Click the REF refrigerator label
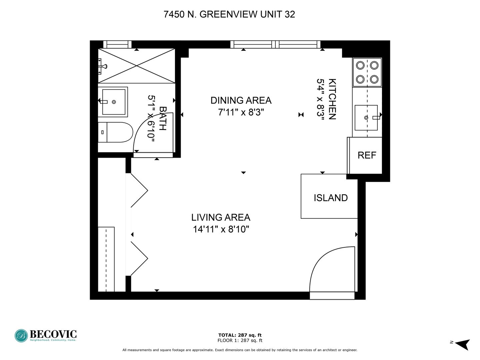click(367, 155)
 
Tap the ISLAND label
click(331, 198)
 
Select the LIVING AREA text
click(221, 217)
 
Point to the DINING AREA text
click(241, 100)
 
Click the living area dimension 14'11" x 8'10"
click(221, 229)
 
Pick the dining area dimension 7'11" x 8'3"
click(241, 112)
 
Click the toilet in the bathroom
click(115, 132)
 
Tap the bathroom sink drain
click(114, 102)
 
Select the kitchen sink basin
click(366, 118)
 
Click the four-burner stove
click(367, 72)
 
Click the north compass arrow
click(463, 345)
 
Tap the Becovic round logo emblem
click(21, 336)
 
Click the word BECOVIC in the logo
click(53, 334)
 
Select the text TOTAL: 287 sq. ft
click(240, 335)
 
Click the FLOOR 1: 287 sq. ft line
click(240, 340)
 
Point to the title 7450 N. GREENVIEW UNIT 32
click(229, 14)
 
